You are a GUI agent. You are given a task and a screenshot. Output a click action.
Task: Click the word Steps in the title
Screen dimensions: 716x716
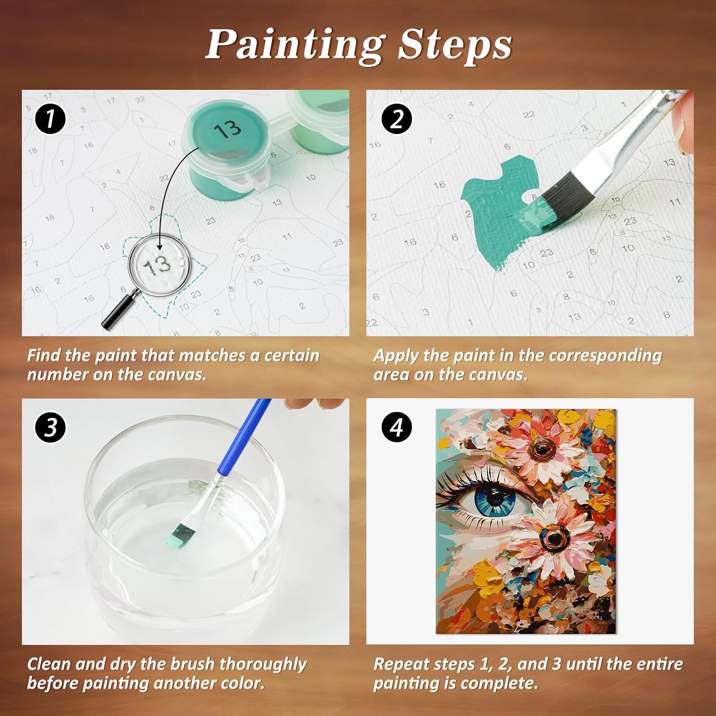(455, 44)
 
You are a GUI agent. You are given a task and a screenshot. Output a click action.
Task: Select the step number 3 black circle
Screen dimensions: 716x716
(50, 427)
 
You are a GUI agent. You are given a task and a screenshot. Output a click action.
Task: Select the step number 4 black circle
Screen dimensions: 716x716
(397, 427)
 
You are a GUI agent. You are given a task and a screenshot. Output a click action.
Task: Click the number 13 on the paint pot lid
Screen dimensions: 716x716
(228, 129)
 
